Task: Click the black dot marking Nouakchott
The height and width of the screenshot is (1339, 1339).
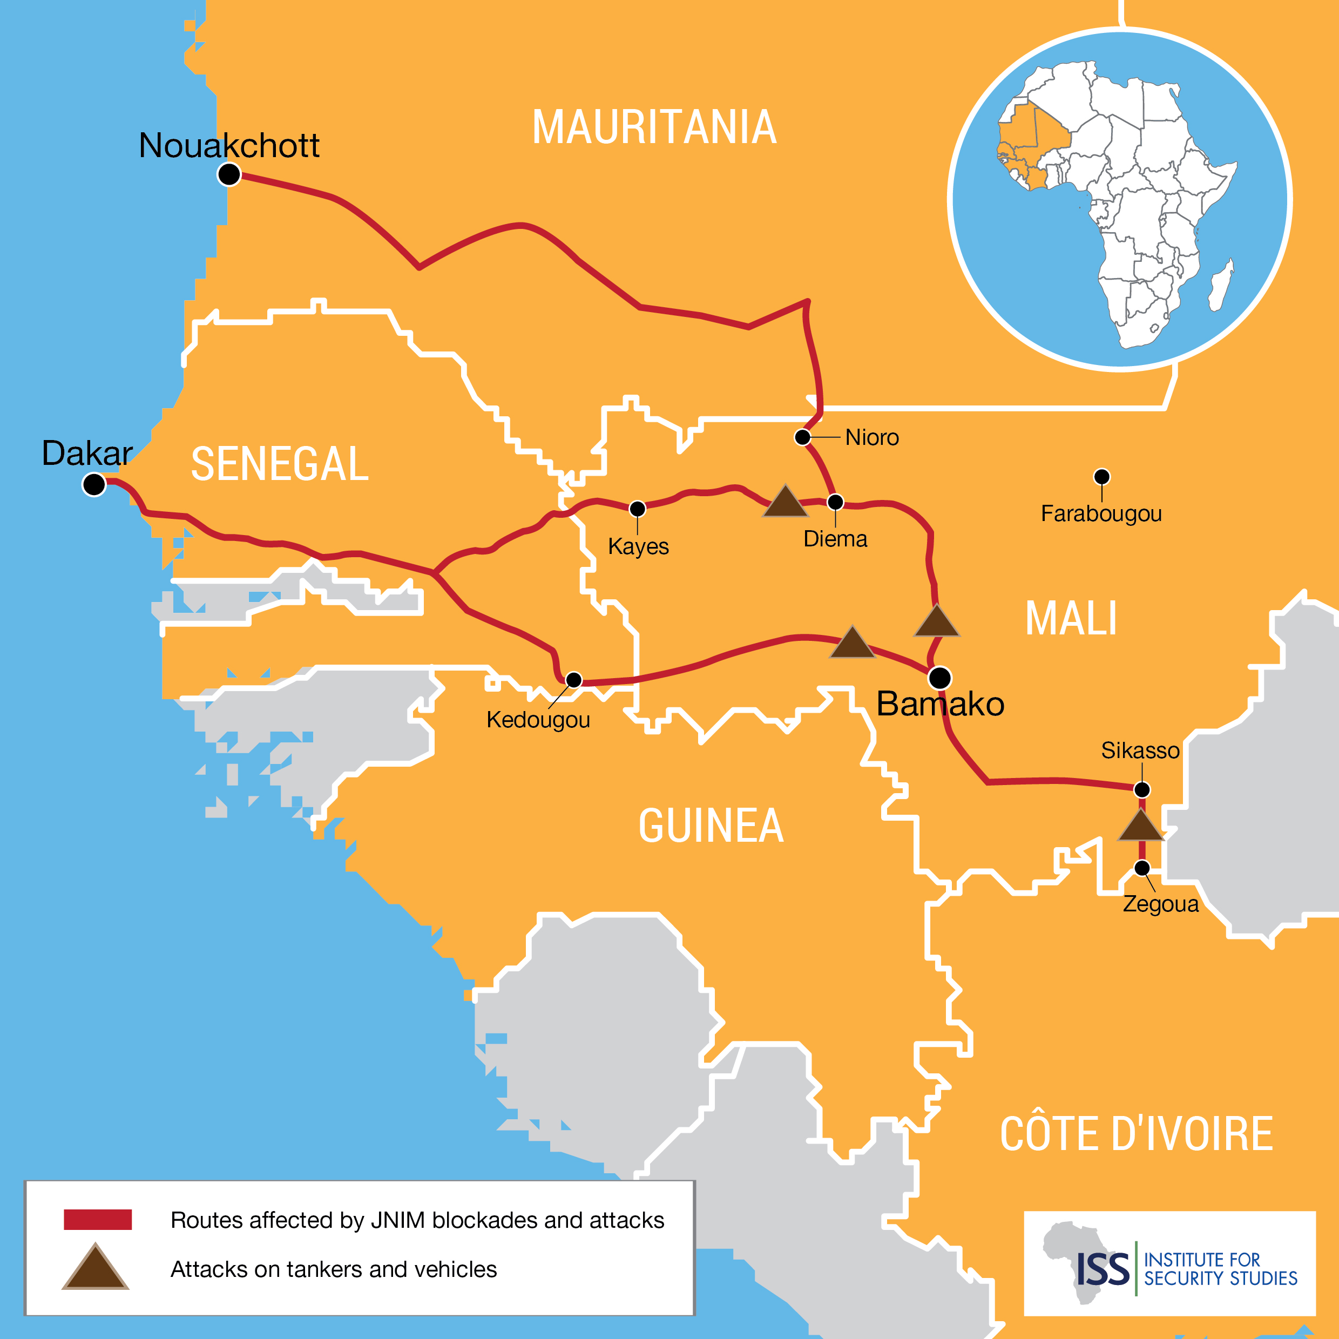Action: [x=229, y=174]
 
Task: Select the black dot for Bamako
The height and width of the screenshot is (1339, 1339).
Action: [x=940, y=678]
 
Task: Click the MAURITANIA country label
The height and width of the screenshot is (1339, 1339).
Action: [x=654, y=127]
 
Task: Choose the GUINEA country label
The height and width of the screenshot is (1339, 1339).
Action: [x=711, y=826]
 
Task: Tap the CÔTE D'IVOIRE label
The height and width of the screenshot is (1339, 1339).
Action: [x=1136, y=1134]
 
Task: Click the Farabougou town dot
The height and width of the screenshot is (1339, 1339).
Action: [x=1102, y=477]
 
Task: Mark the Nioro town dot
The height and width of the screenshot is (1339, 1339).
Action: [x=802, y=437]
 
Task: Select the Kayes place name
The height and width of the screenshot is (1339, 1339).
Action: [x=638, y=547]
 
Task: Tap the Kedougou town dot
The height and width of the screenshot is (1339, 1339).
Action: [x=574, y=680]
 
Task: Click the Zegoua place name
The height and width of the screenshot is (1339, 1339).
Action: [x=1160, y=904]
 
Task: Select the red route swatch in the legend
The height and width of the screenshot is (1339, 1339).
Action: [x=98, y=1220]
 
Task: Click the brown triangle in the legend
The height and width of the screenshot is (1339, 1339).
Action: [x=96, y=1269]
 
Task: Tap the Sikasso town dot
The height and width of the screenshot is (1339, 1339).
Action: [x=1142, y=789]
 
